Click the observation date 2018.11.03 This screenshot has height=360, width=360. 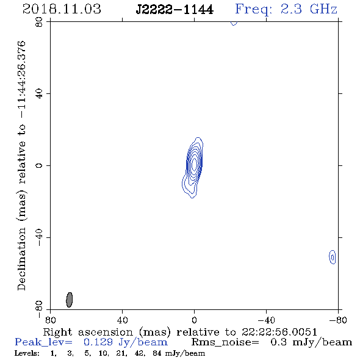[62, 9]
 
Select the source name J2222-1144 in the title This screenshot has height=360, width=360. [175, 10]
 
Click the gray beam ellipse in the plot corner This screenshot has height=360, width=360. [70, 300]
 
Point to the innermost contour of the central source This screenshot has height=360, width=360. [195, 164]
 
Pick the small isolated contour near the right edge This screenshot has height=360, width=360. [332, 257]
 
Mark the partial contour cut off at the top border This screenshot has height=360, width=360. [234, 23]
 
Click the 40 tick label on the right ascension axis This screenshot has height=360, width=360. [122, 320]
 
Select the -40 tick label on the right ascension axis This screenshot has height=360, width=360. [266, 320]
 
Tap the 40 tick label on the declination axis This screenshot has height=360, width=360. [39, 94]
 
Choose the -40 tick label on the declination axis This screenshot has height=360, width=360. [39, 237]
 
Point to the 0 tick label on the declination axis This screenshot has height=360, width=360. [39, 165]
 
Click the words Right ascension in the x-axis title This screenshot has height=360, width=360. [88, 332]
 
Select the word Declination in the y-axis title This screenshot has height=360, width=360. [21, 259]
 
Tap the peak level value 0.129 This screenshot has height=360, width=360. [98, 342]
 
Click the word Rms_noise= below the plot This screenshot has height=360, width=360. [225, 342]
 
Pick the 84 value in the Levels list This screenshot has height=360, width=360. [157, 353]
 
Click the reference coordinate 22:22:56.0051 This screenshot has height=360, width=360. [279, 332]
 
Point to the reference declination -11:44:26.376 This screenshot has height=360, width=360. [21, 79]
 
